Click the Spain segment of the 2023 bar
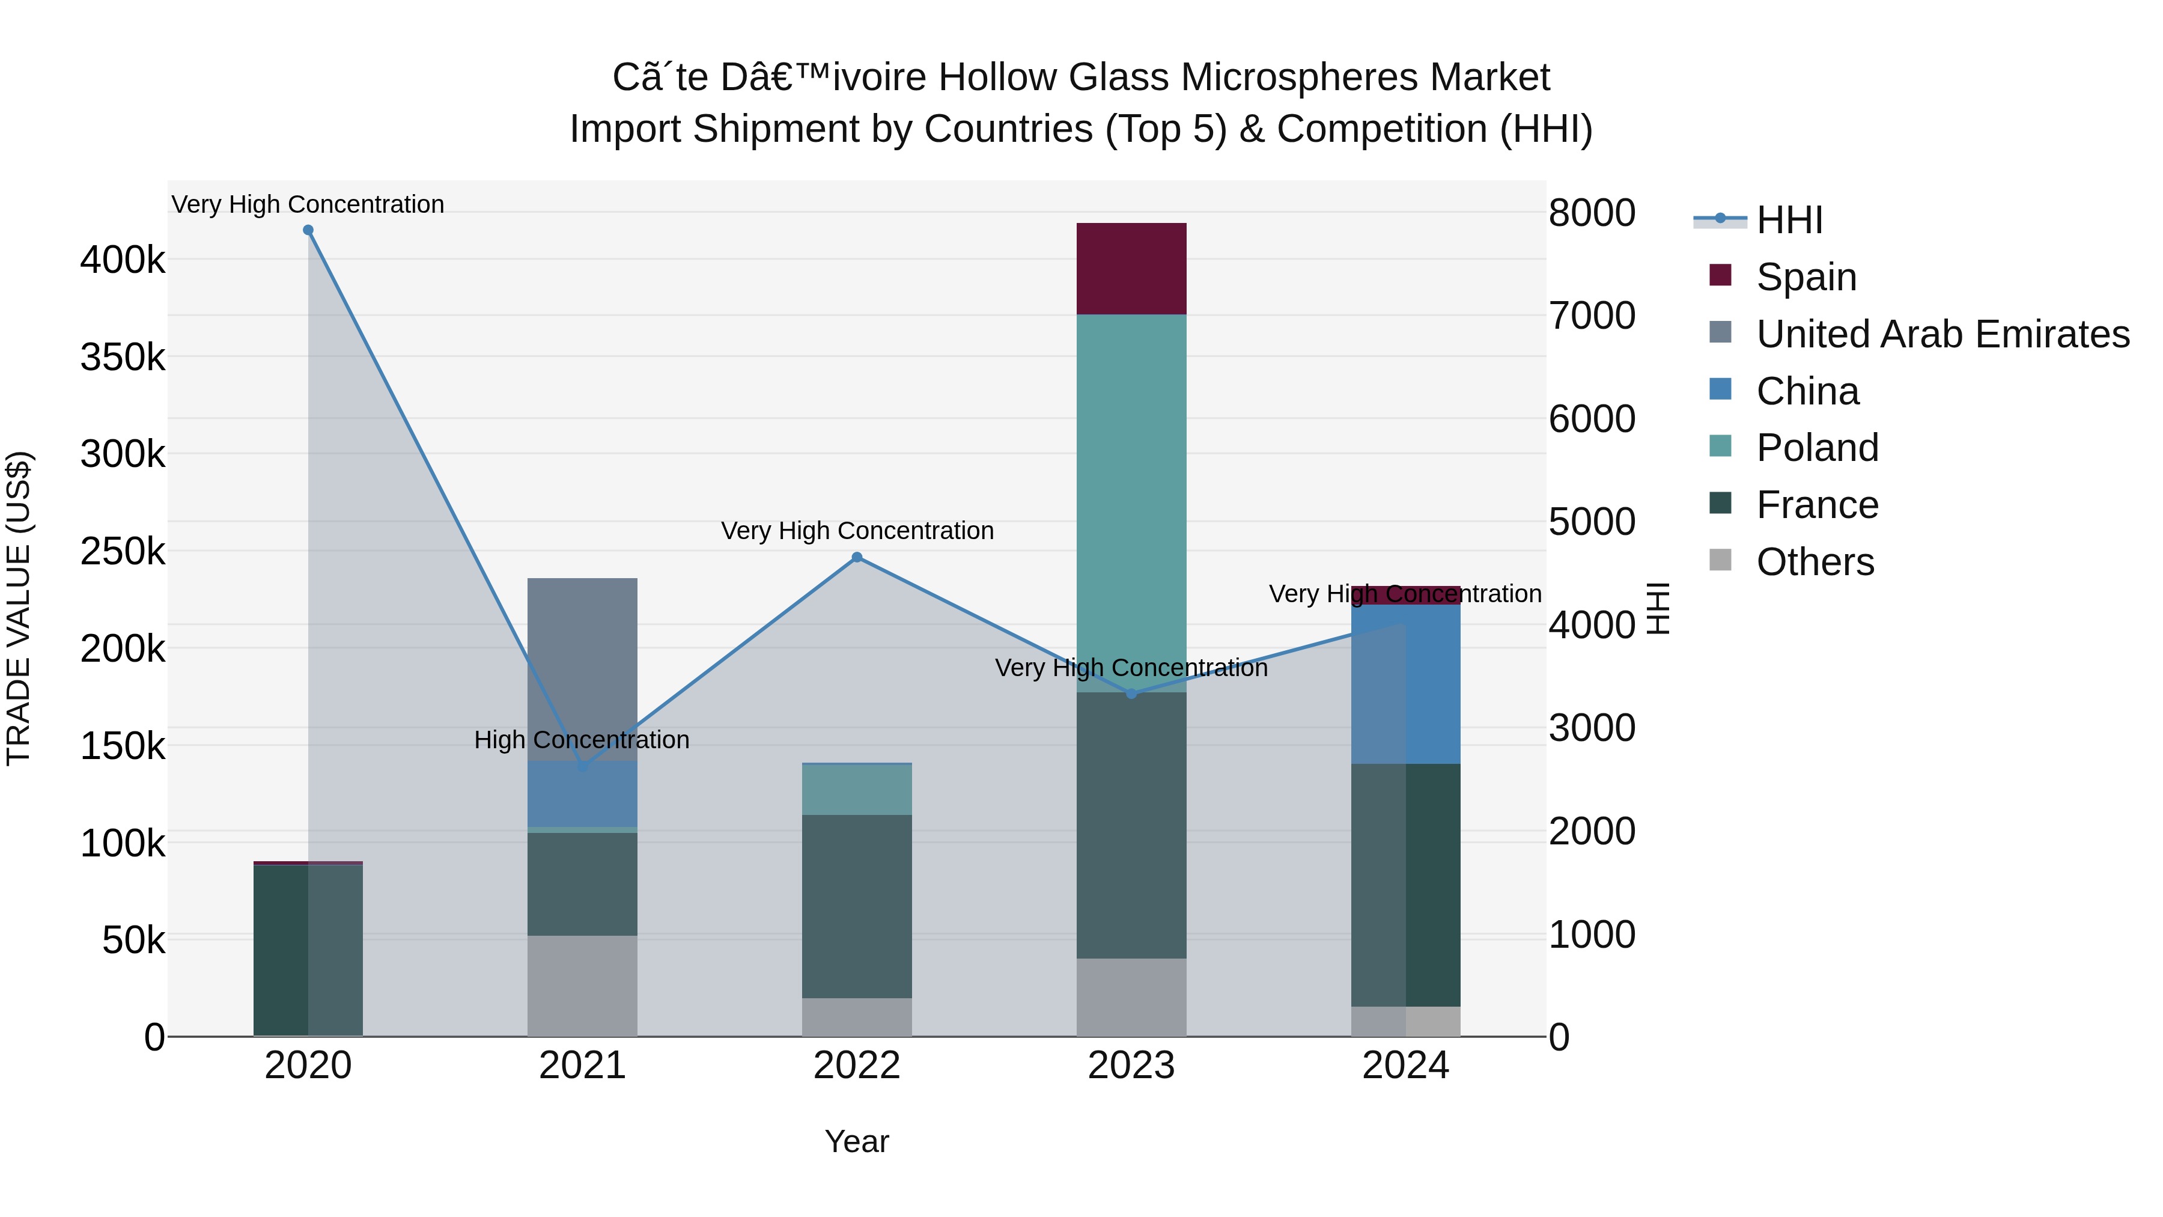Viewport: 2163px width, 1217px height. click(1131, 269)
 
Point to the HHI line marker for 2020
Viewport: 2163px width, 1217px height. click(308, 230)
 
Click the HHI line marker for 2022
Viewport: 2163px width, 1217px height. click(856, 557)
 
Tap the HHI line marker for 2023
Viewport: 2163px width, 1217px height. click(1131, 693)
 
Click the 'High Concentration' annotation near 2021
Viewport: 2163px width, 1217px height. click(582, 740)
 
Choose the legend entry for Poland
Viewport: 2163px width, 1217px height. click(1816, 448)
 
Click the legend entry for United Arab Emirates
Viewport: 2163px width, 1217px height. click(1942, 334)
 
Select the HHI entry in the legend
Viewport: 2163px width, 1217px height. click(1789, 220)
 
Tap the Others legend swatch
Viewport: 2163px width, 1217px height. click(1720, 560)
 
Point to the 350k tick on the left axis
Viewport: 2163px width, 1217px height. click(123, 358)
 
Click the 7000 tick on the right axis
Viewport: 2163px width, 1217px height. click(1591, 316)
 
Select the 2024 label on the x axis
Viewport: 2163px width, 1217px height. click(1405, 1066)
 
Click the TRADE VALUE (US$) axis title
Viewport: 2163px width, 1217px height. click(19, 608)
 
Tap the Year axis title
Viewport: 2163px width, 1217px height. click(856, 1141)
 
